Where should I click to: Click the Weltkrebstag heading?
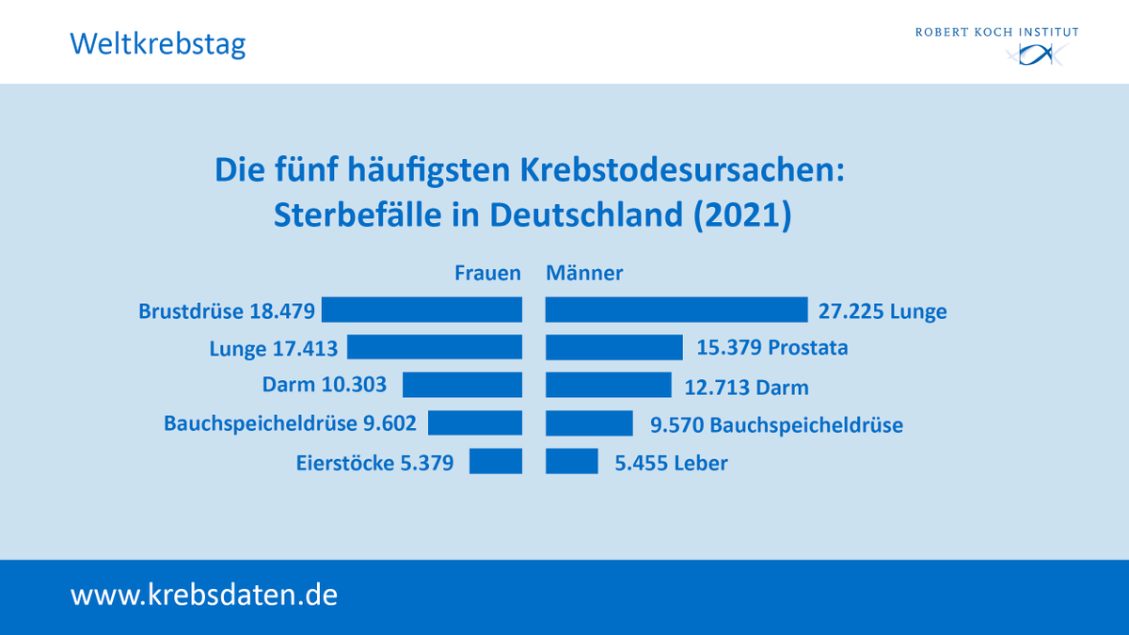[x=157, y=43]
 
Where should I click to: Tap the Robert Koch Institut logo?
[x=996, y=46]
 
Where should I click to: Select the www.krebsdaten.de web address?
[x=204, y=595]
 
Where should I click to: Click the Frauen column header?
[x=487, y=273]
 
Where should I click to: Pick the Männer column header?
[x=584, y=273]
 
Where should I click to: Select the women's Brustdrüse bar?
[x=421, y=310]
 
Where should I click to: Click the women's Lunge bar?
[x=435, y=347]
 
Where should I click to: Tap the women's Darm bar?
[x=462, y=385]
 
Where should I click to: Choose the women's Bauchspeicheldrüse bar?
[x=475, y=422]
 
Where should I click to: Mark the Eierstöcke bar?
[x=496, y=461]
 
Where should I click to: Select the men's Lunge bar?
[x=676, y=310]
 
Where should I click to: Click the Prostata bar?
[x=614, y=347]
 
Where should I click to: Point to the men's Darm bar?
[x=609, y=385]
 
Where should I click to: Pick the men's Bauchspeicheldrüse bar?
[x=589, y=422]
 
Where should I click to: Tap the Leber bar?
[x=572, y=461]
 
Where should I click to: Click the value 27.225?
[x=851, y=311]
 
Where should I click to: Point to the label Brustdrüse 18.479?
[x=227, y=311]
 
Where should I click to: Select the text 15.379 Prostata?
[x=772, y=348]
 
